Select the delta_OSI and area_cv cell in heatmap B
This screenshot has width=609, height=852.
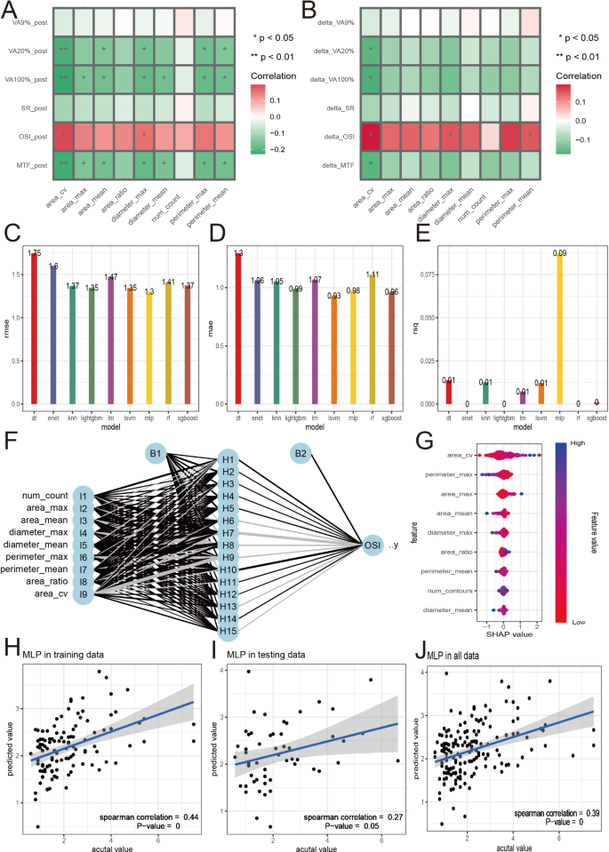pyautogui.click(x=369, y=136)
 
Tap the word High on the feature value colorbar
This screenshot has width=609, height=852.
pyautogui.click(x=577, y=441)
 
